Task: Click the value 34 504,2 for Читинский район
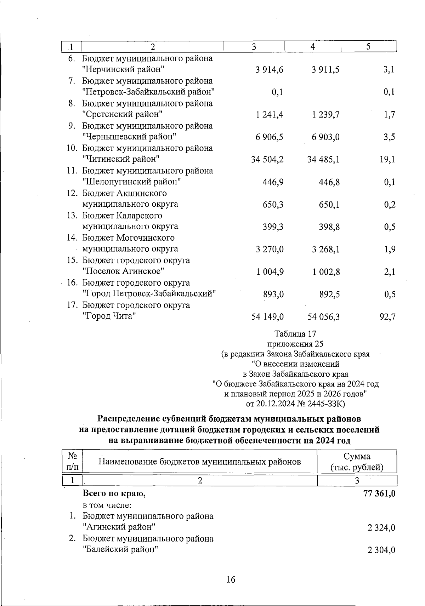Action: tap(267, 160)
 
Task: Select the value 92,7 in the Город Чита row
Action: tap(387, 317)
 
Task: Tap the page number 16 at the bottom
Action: tap(231, 580)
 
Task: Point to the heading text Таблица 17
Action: tap(295, 334)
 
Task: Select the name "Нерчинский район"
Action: tap(123, 70)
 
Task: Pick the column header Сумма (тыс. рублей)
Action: tap(357, 462)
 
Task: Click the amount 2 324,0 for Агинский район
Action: tap(381, 528)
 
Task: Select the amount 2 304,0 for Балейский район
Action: tap(381, 550)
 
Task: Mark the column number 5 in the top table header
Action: tap(368, 47)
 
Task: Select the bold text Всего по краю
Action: tap(114, 493)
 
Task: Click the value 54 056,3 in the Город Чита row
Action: tap(324, 317)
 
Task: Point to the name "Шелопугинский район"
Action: tap(132, 182)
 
